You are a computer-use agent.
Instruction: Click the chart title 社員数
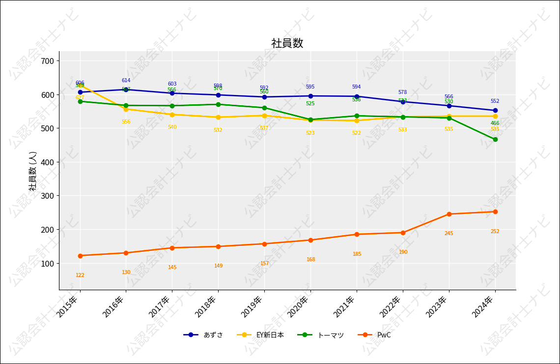[287, 43]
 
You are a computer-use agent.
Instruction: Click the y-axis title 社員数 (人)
[33, 171]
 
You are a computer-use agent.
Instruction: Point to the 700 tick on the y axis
[51, 61]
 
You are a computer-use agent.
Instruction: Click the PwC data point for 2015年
[80, 256]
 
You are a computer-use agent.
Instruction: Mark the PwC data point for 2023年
[449, 214]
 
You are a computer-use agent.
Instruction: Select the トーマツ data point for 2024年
[495, 139]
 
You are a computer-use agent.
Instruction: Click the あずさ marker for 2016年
[126, 90]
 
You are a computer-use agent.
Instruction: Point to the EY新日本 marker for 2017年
[172, 115]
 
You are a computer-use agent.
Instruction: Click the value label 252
[495, 232]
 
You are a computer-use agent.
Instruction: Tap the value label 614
[126, 81]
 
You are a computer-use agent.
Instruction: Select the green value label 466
[495, 123]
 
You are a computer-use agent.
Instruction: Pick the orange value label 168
[310, 260]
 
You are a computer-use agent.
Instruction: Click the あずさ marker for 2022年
[403, 102]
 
